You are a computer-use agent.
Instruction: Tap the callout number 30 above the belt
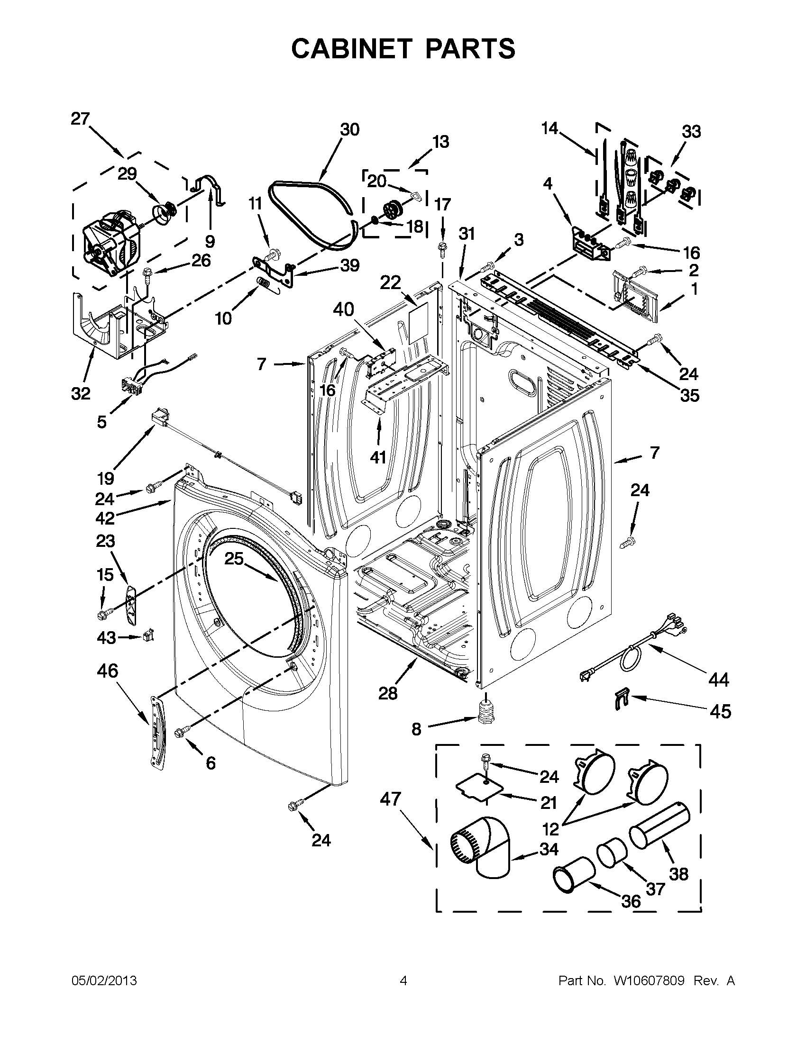(x=349, y=129)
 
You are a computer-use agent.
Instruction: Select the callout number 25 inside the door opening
(x=234, y=558)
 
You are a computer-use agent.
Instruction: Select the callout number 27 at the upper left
(x=80, y=118)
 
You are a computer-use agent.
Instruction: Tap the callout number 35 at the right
(x=689, y=395)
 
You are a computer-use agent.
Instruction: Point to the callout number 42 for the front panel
(x=105, y=517)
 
